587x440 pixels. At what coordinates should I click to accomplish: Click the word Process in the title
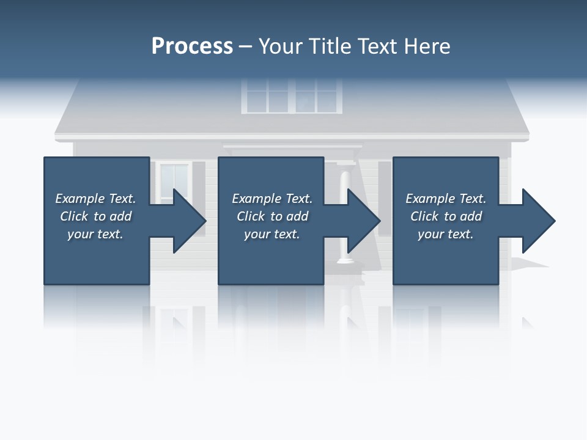192,46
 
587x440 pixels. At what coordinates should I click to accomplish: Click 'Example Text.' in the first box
95,199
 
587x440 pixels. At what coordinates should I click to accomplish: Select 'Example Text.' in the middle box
272,199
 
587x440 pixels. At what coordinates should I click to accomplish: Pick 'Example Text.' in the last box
446,199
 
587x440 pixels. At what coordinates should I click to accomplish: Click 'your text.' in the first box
95,234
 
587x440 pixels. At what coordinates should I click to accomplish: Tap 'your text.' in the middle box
272,234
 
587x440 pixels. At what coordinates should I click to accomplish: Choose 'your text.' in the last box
446,234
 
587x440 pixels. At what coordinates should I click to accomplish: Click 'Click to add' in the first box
95,216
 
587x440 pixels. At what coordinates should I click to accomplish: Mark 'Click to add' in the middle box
272,216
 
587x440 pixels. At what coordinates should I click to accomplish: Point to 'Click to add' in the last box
446,216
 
